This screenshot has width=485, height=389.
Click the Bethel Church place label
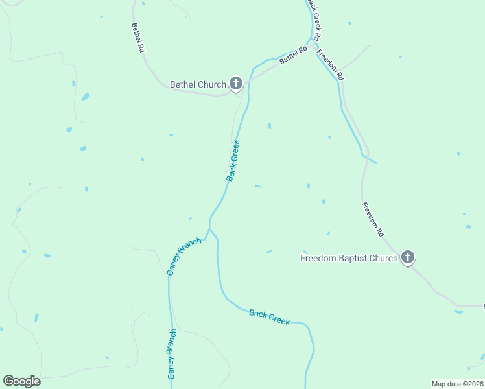[198, 84]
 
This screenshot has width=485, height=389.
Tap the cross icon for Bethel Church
[235, 83]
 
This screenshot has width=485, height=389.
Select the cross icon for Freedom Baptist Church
[407, 258]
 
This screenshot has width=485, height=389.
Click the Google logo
[21, 381]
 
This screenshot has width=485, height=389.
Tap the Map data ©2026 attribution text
[457, 383]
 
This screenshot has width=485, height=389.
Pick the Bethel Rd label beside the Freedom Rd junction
[293, 54]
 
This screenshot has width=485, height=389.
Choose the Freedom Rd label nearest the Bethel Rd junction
[331, 65]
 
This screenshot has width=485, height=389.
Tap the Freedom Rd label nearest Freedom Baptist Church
[373, 219]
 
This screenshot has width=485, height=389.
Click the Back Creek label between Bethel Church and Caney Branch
[233, 161]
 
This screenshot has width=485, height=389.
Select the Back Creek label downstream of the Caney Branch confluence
[269, 317]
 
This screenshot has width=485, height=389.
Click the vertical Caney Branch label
[172, 353]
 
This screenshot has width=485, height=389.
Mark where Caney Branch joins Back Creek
[209, 229]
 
